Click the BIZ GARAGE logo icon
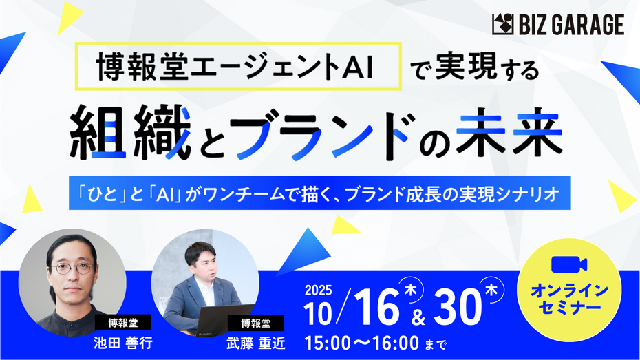tap(502, 25)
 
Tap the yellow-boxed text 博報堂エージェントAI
tap(235, 67)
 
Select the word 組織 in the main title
tap(131, 133)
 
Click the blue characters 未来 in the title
tap(509, 132)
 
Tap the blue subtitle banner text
tap(319, 193)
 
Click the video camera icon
tap(569, 264)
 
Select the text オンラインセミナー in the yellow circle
tap(569, 299)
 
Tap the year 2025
tap(319, 290)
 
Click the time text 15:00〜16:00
tap(362, 343)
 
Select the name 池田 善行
tap(123, 343)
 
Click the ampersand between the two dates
tap(418, 317)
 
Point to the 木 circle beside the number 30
tap(491, 290)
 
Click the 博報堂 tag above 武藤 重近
tap(256, 324)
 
